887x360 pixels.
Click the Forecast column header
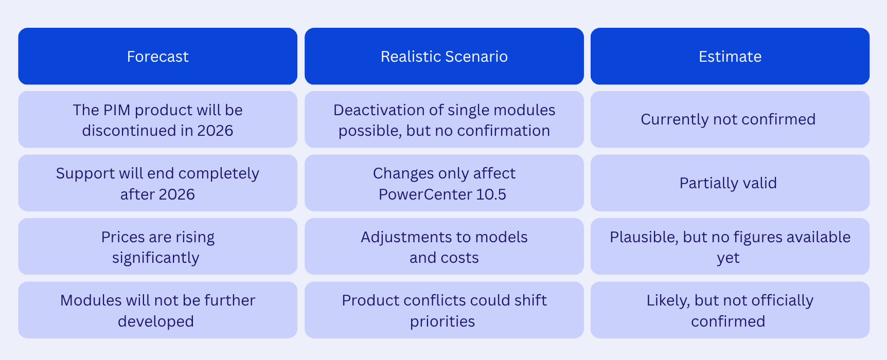pyautogui.click(x=157, y=56)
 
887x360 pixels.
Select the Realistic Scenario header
pyautogui.click(x=444, y=56)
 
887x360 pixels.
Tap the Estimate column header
pyautogui.click(x=730, y=56)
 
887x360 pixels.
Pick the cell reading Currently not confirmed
pyautogui.click(x=730, y=119)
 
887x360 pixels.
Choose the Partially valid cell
pyautogui.click(x=730, y=183)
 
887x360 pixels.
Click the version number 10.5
pyautogui.click(x=492, y=194)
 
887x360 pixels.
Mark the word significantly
pyautogui.click(x=155, y=258)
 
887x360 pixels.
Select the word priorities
pyautogui.click(x=442, y=322)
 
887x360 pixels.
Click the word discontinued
pyautogui.click(x=129, y=131)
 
